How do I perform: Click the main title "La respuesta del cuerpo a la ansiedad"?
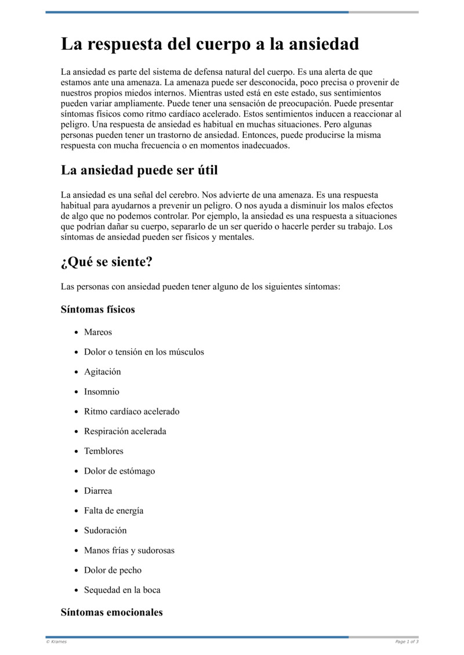click(210, 44)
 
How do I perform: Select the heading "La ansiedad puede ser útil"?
click(139, 170)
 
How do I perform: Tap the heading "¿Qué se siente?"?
click(106, 262)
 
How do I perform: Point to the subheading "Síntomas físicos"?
click(97, 310)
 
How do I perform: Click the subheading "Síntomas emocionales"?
click(111, 612)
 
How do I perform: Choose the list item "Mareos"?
click(98, 332)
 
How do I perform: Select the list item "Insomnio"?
click(101, 392)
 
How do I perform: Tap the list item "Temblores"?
click(104, 451)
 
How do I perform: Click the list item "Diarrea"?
click(98, 491)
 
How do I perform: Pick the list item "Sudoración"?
click(105, 530)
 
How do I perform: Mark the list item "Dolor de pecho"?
click(113, 570)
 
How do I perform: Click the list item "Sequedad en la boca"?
click(122, 590)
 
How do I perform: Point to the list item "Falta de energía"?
click(114, 511)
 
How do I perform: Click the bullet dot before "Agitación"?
click(77, 372)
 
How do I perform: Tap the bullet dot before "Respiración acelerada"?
click(77, 432)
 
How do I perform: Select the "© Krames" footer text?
click(56, 642)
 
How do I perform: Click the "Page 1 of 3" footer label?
click(407, 642)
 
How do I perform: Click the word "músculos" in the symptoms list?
click(186, 352)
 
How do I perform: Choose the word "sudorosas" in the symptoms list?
click(156, 551)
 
